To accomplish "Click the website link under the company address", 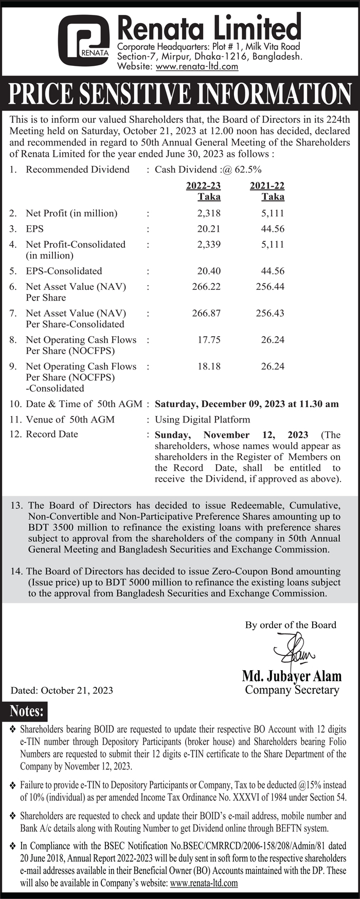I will (197, 66).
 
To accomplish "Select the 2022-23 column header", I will (203, 186).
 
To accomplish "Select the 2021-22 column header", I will (267, 186).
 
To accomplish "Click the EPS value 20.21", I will (209, 229).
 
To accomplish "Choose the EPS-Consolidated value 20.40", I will (209, 271).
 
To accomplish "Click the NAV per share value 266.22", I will (206, 286).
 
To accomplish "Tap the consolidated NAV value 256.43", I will (270, 313).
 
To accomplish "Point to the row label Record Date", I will (52, 434).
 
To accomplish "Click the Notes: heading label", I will (27, 711).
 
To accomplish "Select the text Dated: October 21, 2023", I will (62, 690).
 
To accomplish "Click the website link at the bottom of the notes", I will (204, 883).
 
